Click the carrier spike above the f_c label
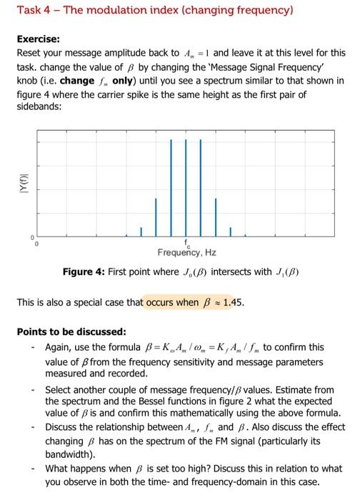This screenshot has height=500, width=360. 186,186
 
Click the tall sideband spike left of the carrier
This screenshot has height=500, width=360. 171,186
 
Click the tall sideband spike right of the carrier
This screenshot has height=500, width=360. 201,186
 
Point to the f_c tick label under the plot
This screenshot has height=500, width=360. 186,243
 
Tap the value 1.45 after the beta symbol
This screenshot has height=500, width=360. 234,302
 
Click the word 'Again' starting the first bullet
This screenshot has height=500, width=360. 59,347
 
